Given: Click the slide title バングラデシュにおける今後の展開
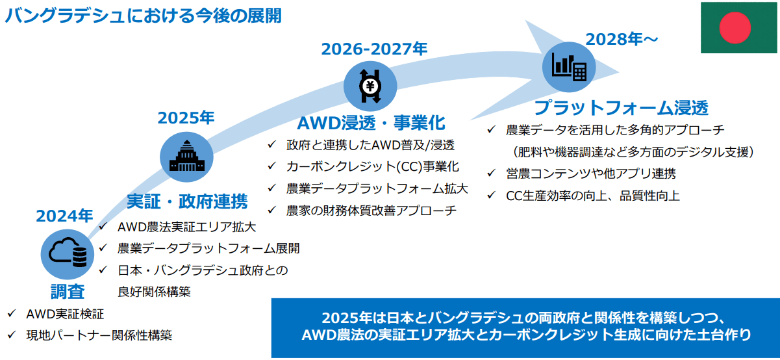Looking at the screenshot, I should point(143,15).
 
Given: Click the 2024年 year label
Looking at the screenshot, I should point(64,216).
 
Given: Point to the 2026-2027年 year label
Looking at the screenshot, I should point(375,49).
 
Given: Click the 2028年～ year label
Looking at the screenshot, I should point(622,39).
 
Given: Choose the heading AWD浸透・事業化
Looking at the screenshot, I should point(371,123).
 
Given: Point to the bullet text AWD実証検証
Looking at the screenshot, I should point(65,315).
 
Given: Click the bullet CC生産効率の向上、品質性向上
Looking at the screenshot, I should point(593,195).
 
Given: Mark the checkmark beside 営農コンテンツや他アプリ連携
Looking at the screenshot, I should point(492,174).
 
